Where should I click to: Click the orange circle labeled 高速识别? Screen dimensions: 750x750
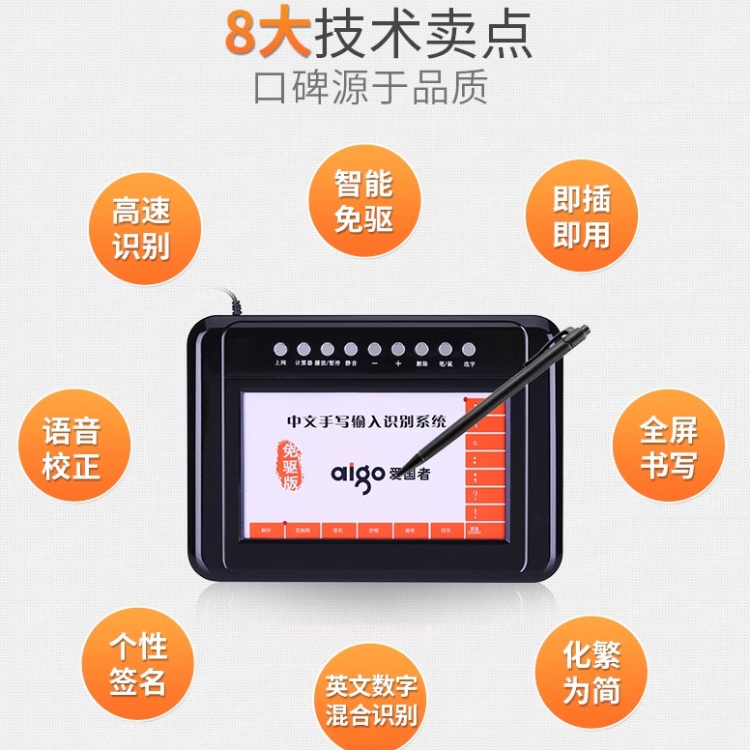[x=141, y=228]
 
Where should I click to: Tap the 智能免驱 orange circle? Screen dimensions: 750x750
[x=364, y=201]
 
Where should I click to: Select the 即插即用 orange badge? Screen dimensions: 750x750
[x=581, y=217]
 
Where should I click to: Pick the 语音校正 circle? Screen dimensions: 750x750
[x=72, y=448]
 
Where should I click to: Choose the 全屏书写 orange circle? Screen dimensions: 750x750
[x=668, y=447]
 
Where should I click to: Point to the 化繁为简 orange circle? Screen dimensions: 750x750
[x=591, y=674]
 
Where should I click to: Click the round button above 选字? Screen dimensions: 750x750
[x=469, y=349]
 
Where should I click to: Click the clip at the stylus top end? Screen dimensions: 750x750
[x=577, y=333]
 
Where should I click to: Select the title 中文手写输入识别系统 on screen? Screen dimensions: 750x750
[x=367, y=421]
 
